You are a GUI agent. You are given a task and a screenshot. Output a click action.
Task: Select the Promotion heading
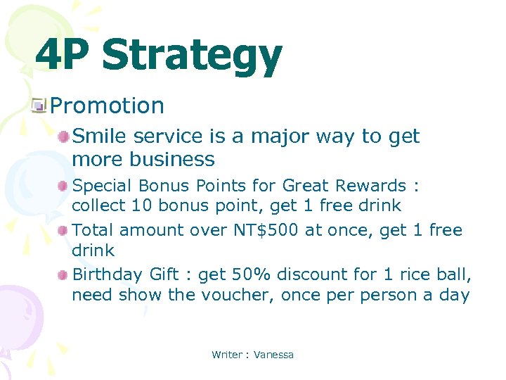click(108, 106)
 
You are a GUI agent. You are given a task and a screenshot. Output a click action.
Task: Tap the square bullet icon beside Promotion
click(40, 106)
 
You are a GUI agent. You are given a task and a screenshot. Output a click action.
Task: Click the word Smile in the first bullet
click(96, 136)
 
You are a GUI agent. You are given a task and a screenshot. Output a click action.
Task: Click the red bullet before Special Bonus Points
click(64, 186)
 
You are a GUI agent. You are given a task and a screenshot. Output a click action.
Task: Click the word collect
click(96, 205)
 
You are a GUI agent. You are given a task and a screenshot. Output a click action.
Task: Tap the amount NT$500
click(266, 230)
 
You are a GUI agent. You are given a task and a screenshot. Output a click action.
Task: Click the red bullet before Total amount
click(64, 231)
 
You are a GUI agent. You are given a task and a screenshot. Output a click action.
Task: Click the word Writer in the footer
click(226, 355)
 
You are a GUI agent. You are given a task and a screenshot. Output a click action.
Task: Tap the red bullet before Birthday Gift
click(64, 275)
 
